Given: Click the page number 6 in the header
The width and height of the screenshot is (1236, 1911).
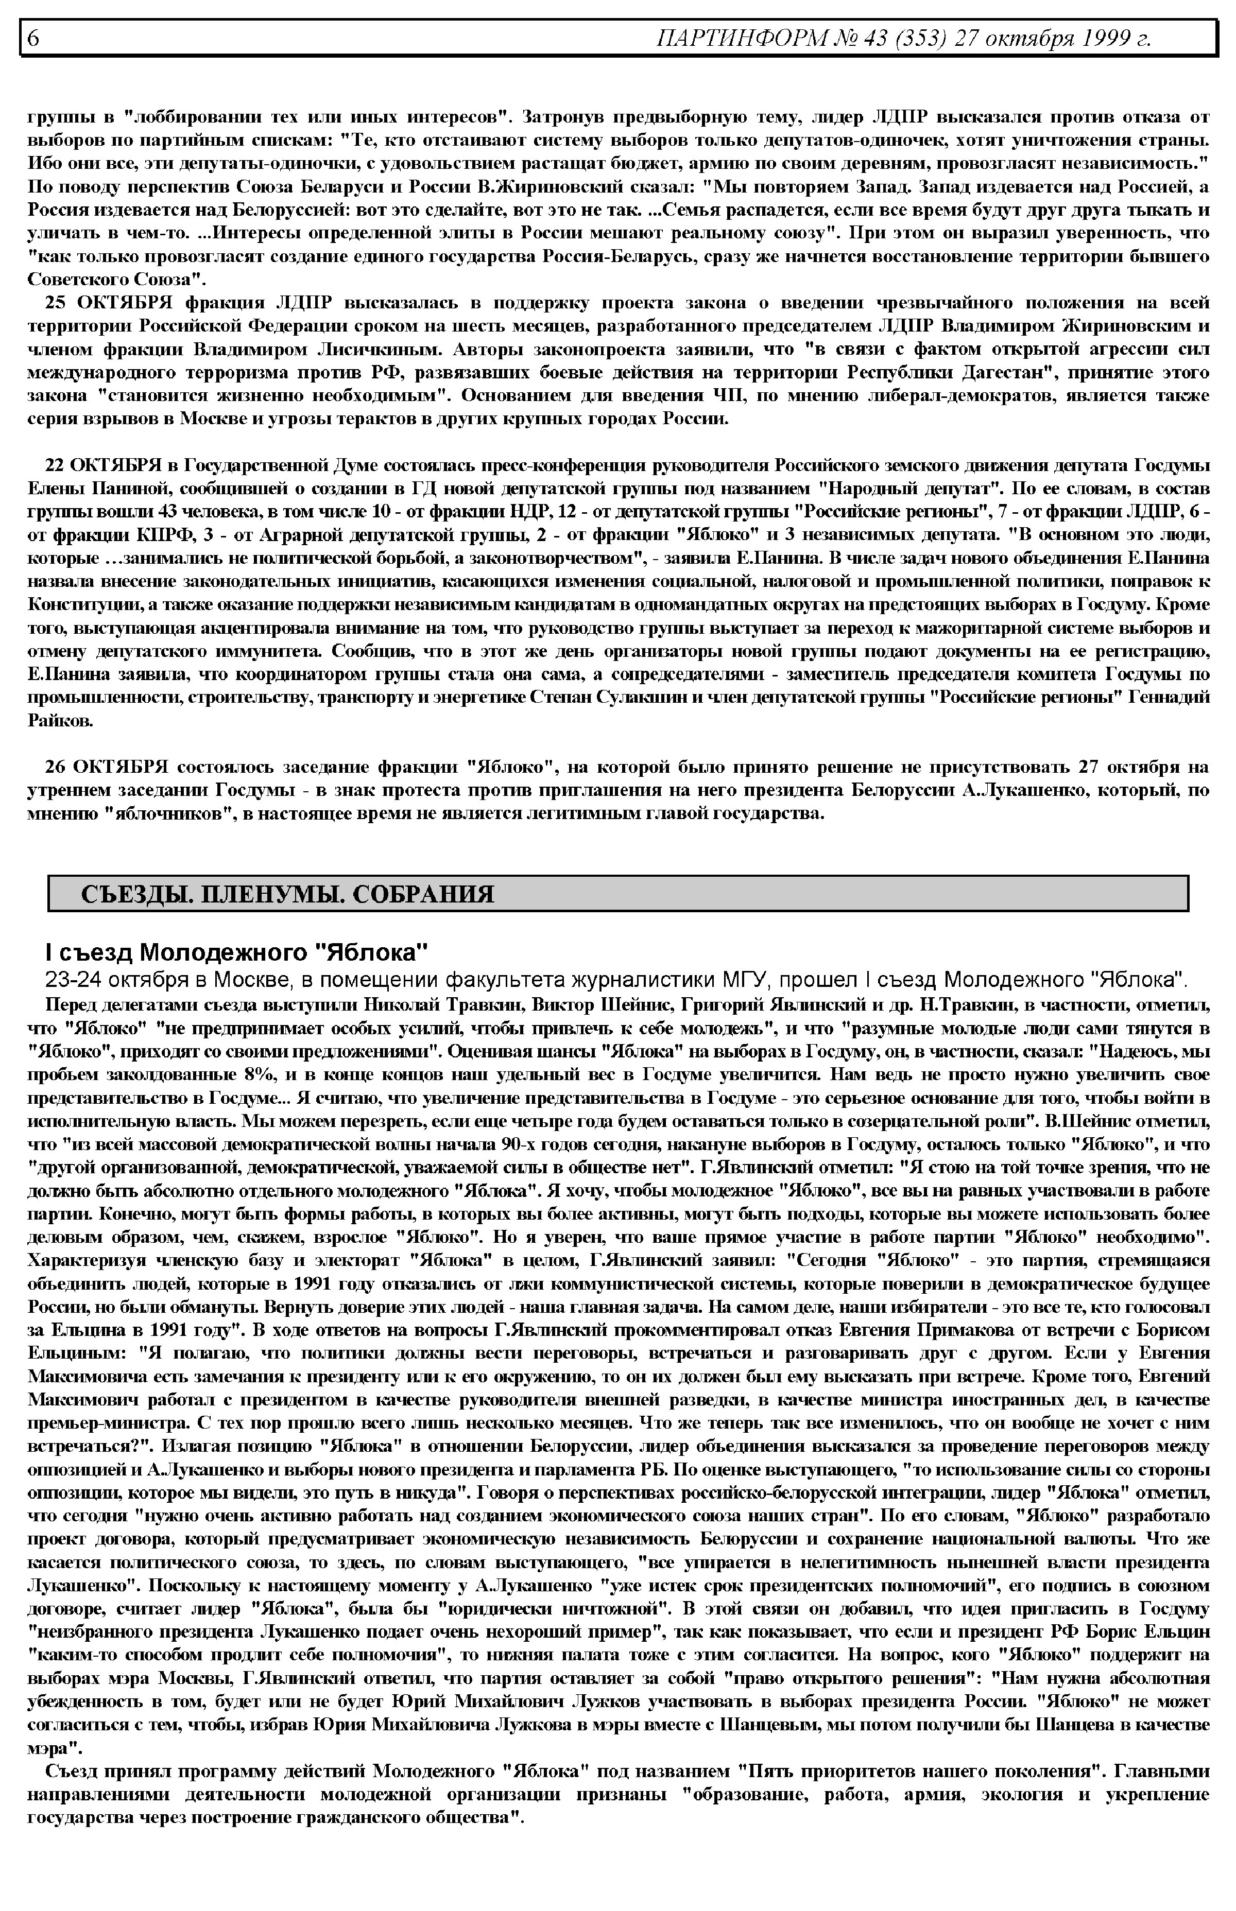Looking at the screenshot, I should (x=33, y=38).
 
